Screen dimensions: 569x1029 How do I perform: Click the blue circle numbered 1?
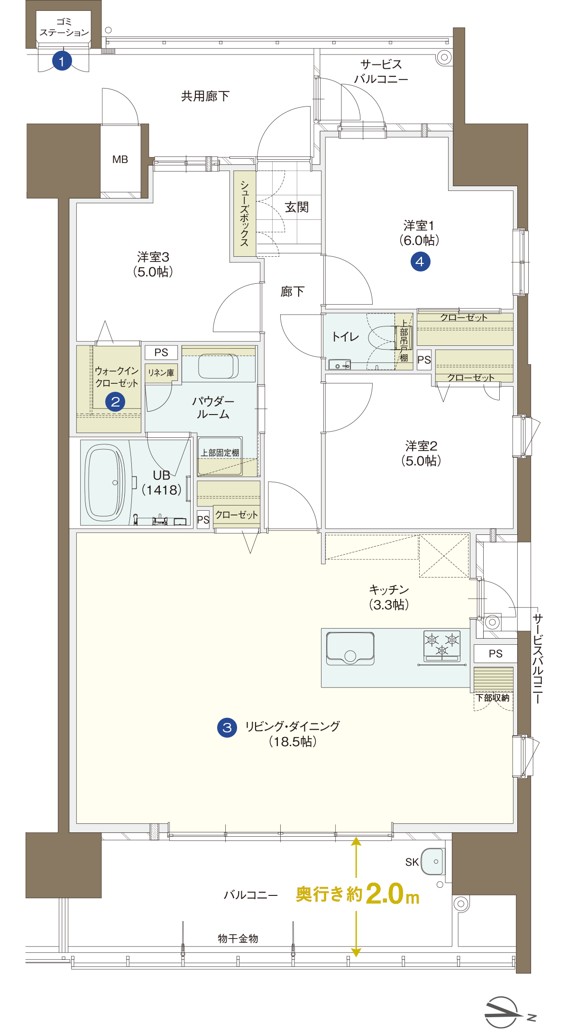pyautogui.click(x=62, y=61)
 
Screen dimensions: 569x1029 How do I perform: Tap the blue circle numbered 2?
pyautogui.click(x=115, y=402)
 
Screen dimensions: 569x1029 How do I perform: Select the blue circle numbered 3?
pyautogui.click(x=227, y=727)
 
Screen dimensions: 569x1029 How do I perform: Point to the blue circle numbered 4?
pyautogui.click(x=420, y=261)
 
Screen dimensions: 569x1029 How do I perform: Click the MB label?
pyautogui.click(x=120, y=160)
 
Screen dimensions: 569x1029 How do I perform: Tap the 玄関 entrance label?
pyautogui.click(x=297, y=207)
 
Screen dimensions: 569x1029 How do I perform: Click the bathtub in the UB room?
pyautogui.click(x=105, y=482)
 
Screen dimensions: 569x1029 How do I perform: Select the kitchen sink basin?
pyautogui.click(x=350, y=648)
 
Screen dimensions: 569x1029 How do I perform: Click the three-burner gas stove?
pyautogui.click(x=442, y=646)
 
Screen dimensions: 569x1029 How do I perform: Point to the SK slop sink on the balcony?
pyautogui.click(x=432, y=861)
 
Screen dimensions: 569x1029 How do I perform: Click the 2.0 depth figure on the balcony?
pyautogui.click(x=385, y=894)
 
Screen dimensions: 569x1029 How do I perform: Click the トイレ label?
pyautogui.click(x=346, y=337)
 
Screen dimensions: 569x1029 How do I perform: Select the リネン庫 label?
pyautogui.click(x=161, y=373)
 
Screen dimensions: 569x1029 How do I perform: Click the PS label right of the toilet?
pyautogui.click(x=424, y=360)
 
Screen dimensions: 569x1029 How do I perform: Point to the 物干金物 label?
pyautogui.click(x=238, y=939)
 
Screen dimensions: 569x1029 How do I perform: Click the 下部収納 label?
pyautogui.click(x=493, y=698)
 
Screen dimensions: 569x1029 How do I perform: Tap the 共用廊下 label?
pyautogui.click(x=205, y=96)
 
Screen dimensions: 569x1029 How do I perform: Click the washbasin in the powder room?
pyautogui.click(x=219, y=366)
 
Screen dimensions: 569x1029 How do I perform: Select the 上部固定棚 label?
pyautogui.click(x=220, y=453)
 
